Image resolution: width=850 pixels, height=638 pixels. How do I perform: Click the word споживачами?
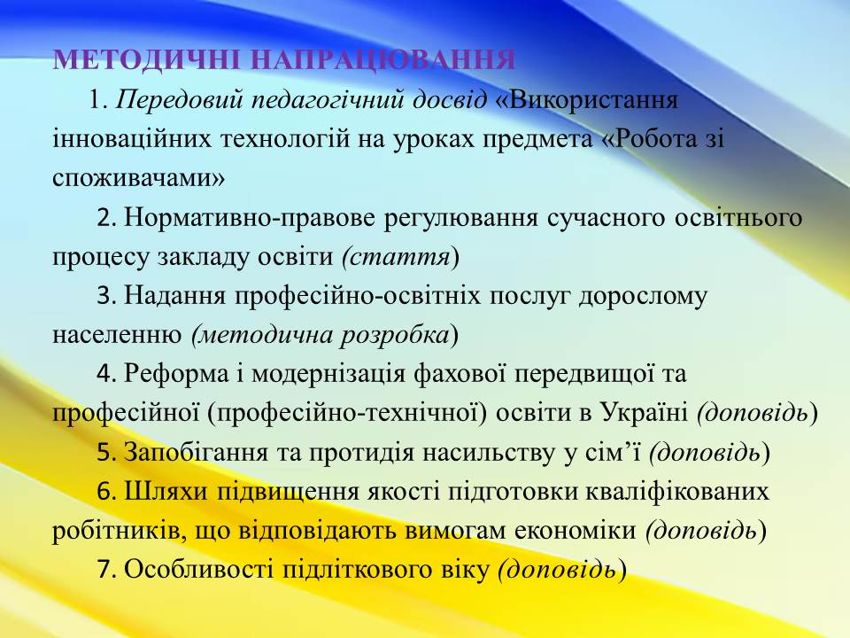point(138,178)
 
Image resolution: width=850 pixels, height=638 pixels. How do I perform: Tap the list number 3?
point(106,297)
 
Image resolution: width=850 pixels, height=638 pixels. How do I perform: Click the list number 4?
point(106,374)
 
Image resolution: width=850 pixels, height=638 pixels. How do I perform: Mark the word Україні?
point(645,413)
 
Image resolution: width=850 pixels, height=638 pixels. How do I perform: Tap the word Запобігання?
point(197,452)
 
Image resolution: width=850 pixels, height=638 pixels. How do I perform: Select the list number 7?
point(106,570)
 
